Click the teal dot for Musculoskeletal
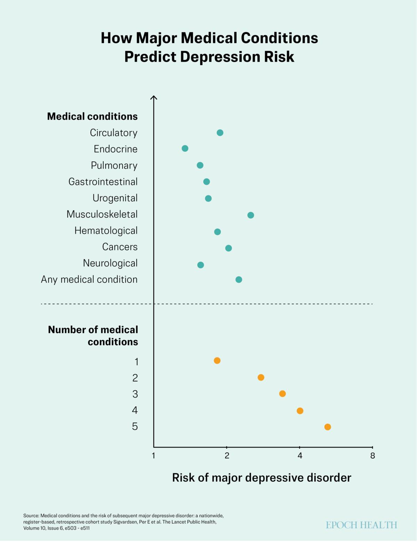tap(251, 215)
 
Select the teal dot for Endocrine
tap(185, 149)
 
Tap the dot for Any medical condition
tap(239, 280)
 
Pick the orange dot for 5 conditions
tap(327, 427)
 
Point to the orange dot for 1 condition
tap(217, 360)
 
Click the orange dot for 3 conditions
tap(283, 394)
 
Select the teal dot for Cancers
tap(228, 248)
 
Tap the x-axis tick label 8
tap(373, 456)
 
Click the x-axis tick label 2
tap(227, 456)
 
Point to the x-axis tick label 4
tap(300, 456)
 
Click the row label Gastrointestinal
tap(103, 182)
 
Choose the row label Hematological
tap(106, 231)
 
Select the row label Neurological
tap(110, 263)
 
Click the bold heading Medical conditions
tap(92, 116)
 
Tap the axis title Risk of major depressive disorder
tap(262, 478)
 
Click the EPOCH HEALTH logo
tap(361, 525)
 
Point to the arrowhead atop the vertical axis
tap(154, 98)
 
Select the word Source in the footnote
tap(31, 516)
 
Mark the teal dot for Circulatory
tap(220, 133)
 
